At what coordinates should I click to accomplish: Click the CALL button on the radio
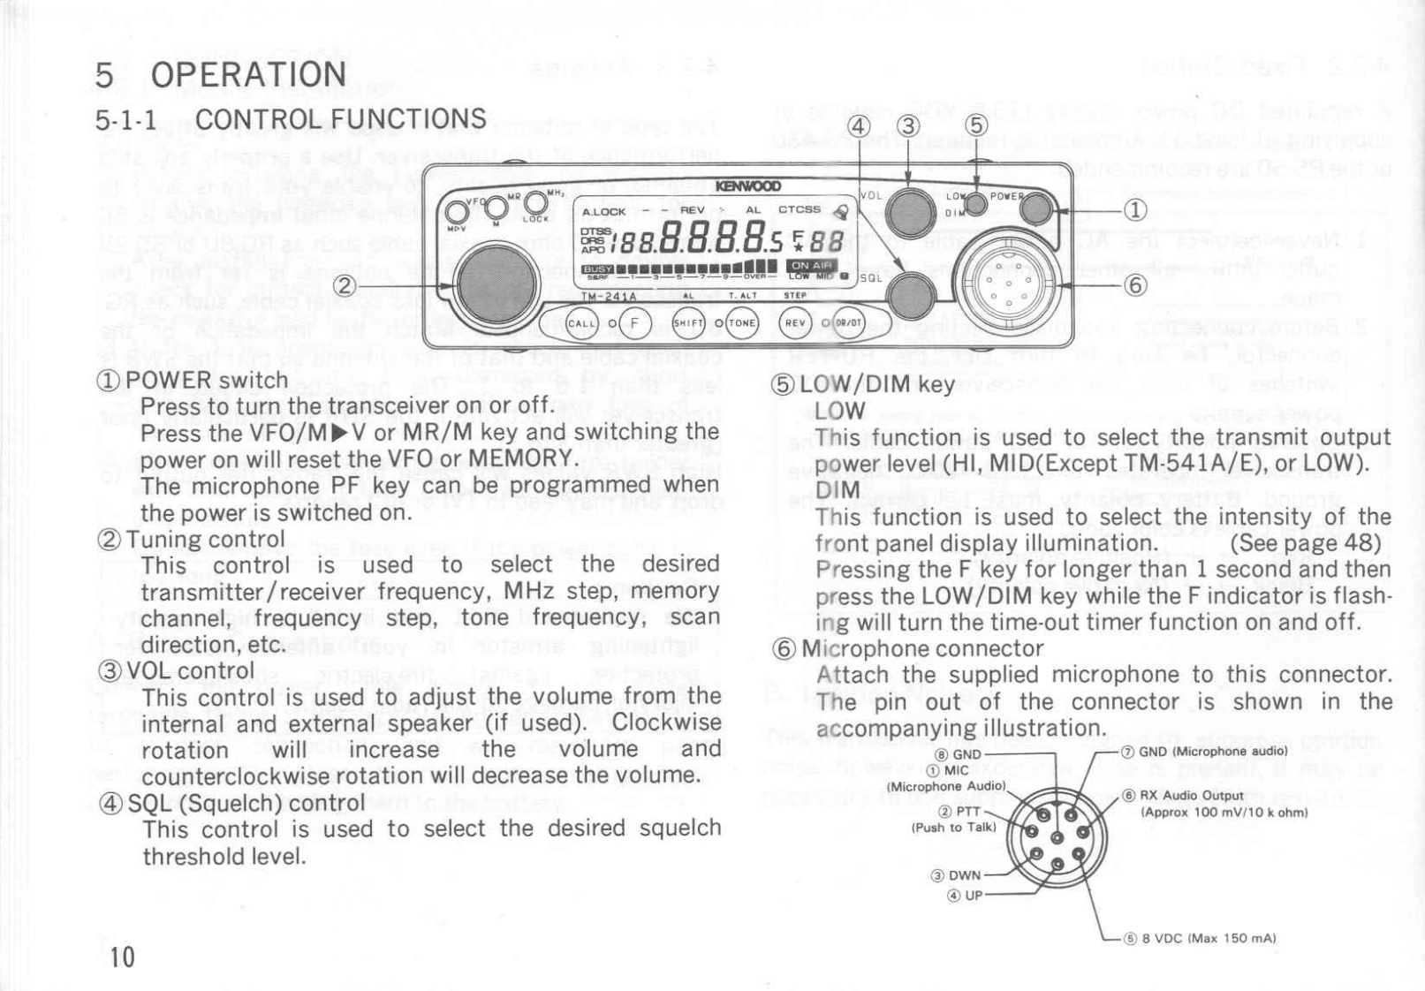[583, 323]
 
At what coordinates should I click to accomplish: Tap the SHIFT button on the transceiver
[689, 323]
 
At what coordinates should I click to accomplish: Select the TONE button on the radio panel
[743, 323]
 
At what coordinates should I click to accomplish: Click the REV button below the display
[796, 323]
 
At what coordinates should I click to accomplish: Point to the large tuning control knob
[497, 284]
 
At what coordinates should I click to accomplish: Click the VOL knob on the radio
[909, 212]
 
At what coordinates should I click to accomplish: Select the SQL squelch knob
[910, 295]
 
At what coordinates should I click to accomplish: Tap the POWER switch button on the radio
[1035, 209]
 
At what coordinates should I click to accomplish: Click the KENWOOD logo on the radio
[747, 186]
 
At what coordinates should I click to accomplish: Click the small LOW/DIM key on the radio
[975, 204]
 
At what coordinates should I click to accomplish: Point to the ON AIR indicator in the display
[810, 266]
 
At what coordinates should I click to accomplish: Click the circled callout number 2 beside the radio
[345, 285]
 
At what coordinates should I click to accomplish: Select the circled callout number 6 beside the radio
[1135, 284]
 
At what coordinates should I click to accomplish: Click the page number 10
[123, 957]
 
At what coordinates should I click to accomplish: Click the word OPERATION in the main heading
[248, 75]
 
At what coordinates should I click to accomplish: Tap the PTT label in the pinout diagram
[967, 812]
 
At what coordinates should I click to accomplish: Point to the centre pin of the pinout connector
[1057, 837]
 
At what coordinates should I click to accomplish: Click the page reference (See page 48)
[1305, 542]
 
